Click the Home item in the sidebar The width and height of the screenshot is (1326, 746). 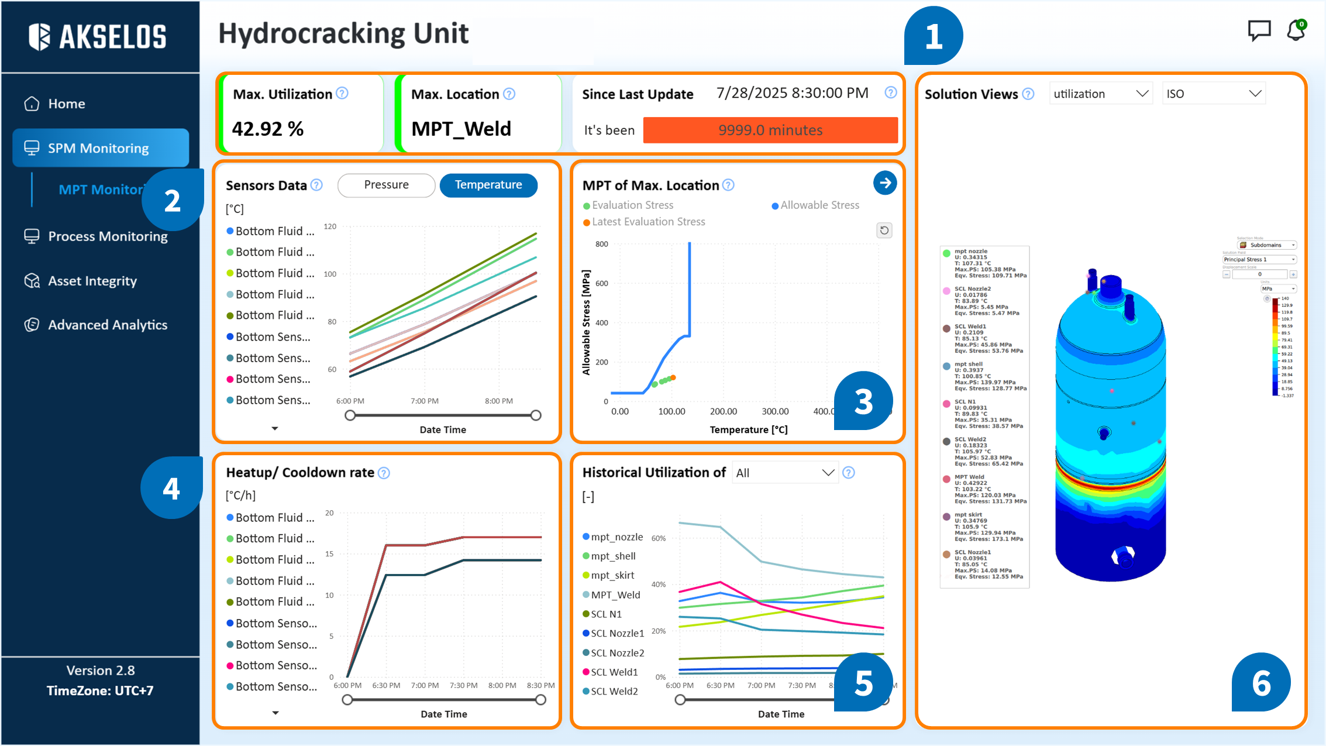(x=66, y=104)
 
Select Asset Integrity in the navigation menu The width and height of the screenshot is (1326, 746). (x=92, y=281)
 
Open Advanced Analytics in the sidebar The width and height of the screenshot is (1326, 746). (x=107, y=325)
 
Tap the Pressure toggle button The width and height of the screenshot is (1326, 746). (x=386, y=185)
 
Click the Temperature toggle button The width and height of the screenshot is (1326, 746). (x=488, y=185)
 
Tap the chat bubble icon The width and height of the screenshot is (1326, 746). (x=1259, y=30)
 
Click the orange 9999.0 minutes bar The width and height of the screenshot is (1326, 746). (x=770, y=130)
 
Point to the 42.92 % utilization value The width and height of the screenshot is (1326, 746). (x=268, y=129)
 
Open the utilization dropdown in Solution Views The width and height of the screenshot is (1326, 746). (x=1100, y=94)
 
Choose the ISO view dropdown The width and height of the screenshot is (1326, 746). (x=1213, y=94)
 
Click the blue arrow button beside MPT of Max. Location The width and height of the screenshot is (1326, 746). (x=885, y=183)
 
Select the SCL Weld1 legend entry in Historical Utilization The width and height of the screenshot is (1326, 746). (x=614, y=672)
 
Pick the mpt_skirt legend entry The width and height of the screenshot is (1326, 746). (x=612, y=575)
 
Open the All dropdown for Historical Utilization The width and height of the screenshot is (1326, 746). (x=784, y=473)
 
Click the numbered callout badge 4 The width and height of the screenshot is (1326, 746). (x=171, y=489)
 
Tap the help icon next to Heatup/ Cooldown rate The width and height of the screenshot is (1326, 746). (x=384, y=473)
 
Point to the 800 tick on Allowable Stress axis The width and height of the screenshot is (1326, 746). (x=601, y=244)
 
